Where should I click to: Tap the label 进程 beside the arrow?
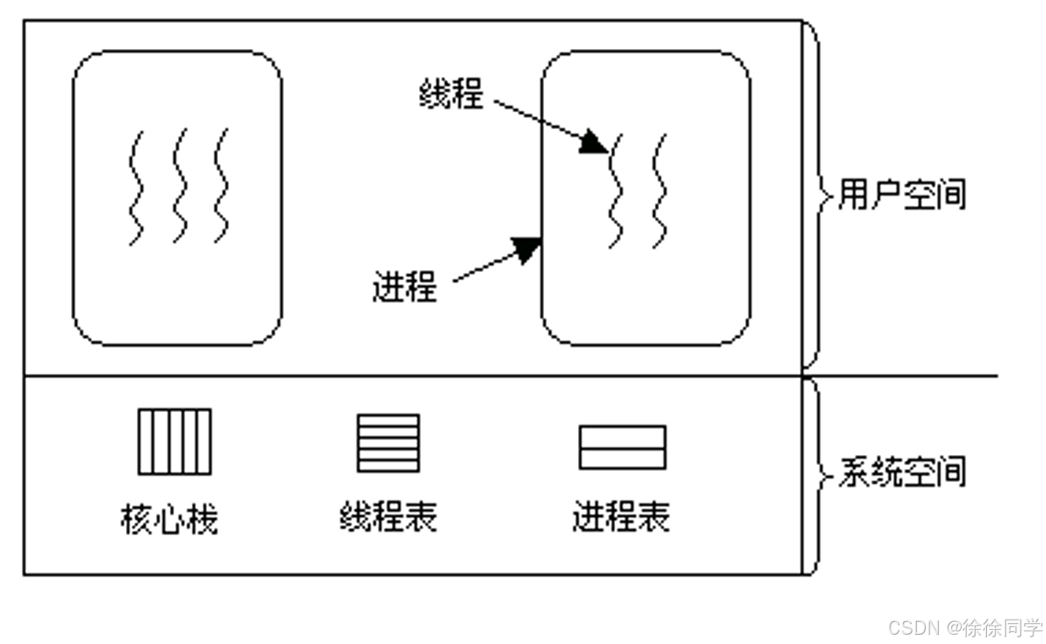click(405, 287)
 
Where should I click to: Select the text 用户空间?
click(901, 195)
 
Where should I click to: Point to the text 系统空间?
click(901, 471)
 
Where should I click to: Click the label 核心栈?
click(169, 518)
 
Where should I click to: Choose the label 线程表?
click(388, 516)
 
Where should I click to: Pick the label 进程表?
click(621, 516)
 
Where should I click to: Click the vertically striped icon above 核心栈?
click(175, 441)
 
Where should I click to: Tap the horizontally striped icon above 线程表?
click(388, 442)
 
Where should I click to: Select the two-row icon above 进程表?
click(622, 447)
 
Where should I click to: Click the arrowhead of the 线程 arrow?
click(595, 142)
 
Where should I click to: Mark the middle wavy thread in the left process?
click(180, 186)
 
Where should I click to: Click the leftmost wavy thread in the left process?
click(135, 187)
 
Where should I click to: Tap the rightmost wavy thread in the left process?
click(221, 186)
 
